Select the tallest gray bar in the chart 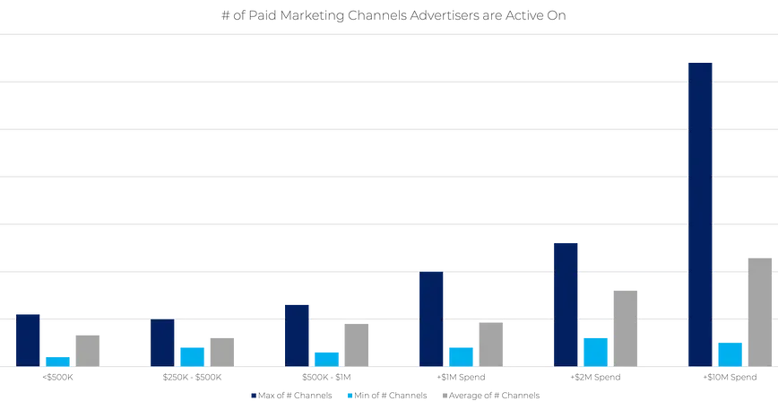(759, 309)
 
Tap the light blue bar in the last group (730, 352)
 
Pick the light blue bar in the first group (57, 359)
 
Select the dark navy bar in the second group (163, 342)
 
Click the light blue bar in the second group (193, 355)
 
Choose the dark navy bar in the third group (297, 334)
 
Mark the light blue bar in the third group (327, 356)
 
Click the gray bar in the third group (356, 345)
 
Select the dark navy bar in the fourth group (431, 318)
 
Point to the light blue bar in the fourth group (461, 355)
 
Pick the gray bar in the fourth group (490, 344)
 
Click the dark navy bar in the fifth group (566, 301)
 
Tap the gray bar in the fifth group (625, 327)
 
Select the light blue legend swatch (349, 393)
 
